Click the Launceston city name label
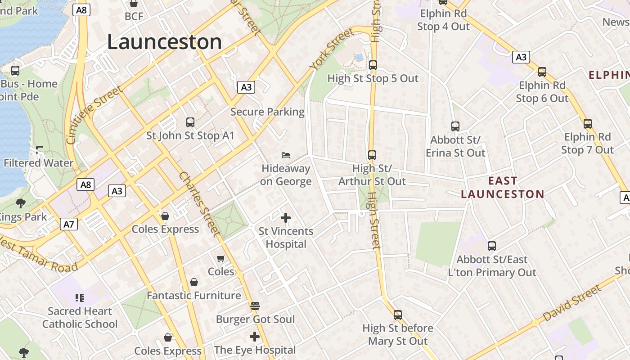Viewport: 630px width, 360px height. (x=164, y=42)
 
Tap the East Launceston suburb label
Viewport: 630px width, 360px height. (x=503, y=188)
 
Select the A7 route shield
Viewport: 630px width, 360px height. (x=69, y=224)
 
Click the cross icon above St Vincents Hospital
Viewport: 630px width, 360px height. (x=286, y=218)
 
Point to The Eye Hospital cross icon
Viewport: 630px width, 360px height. (x=255, y=337)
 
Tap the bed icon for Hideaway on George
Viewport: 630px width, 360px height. (x=286, y=155)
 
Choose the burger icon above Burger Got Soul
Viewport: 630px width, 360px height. (x=255, y=306)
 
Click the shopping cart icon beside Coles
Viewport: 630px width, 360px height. (x=220, y=258)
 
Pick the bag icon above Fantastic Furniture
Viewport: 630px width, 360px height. (x=194, y=282)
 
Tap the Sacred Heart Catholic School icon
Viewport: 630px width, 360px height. (x=80, y=297)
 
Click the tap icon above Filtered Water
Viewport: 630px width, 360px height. (x=39, y=149)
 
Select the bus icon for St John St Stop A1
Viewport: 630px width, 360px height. (x=190, y=122)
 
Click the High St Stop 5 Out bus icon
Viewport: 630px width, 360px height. (x=373, y=65)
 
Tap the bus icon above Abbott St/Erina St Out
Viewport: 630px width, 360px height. (x=455, y=126)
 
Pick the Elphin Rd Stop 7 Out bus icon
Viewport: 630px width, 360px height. (x=587, y=124)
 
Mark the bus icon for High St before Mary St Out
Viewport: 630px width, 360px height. (x=398, y=315)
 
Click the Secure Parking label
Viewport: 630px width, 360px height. (x=267, y=112)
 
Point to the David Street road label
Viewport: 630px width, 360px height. (x=572, y=303)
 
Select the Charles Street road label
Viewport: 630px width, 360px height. (x=198, y=203)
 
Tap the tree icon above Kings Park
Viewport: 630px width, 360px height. (x=20, y=203)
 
